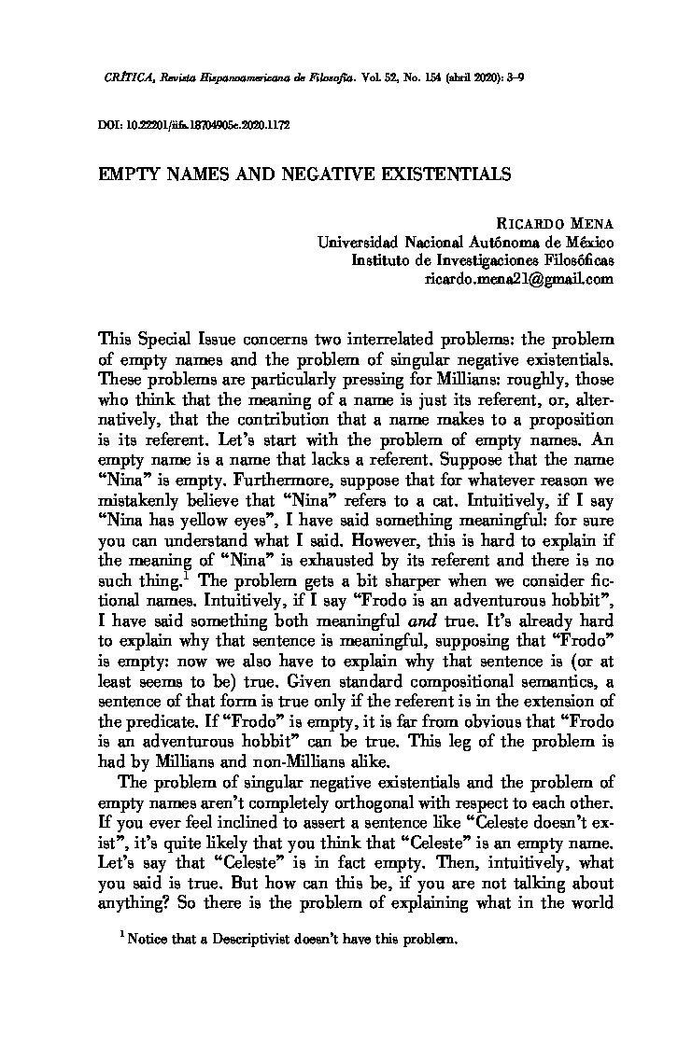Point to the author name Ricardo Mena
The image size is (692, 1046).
[556, 222]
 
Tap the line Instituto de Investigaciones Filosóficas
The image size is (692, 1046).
[482, 259]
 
